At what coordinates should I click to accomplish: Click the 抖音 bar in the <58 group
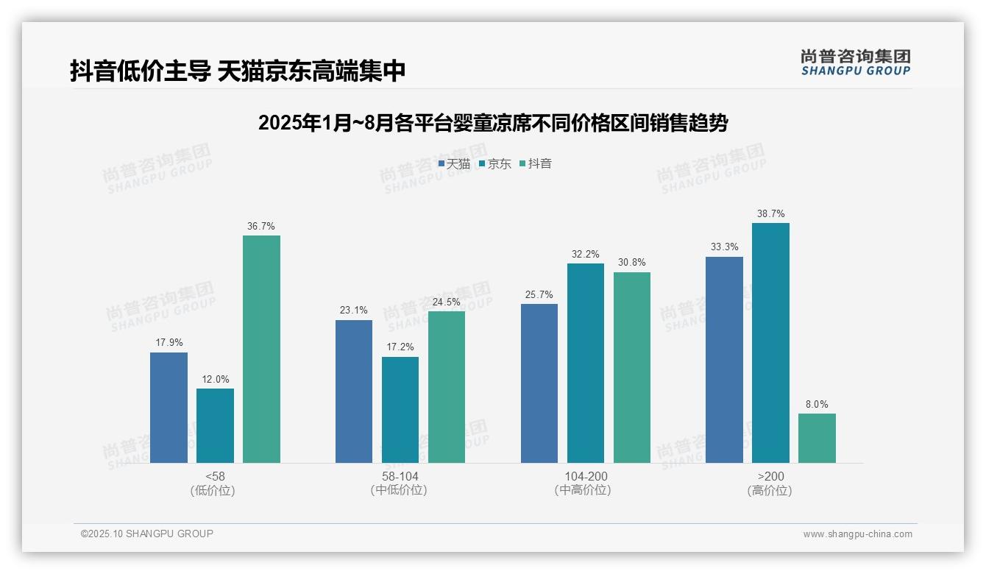point(261,349)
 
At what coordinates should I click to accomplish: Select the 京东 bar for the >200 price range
point(770,343)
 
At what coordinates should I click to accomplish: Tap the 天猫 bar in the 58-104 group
point(354,391)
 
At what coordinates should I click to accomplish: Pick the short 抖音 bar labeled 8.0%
point(817,438)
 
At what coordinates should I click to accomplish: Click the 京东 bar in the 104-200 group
point(586,363)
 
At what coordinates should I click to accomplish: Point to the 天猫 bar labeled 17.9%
point(169,408)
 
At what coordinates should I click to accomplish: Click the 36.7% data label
point(261,226)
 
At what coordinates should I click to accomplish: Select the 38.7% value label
point(770,213)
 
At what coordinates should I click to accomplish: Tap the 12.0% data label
point(215,379)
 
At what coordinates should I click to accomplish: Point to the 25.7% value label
point(539,294)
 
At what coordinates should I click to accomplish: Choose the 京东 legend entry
point(494,164)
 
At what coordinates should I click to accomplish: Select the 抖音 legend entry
point(536,164)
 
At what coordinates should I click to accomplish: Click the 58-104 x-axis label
point(400,476)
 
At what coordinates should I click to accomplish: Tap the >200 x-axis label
point(770,476)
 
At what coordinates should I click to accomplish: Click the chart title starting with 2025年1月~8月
point(492,123)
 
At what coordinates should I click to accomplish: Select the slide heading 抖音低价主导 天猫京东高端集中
point(238,71)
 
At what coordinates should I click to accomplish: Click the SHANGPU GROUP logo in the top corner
point(855,63)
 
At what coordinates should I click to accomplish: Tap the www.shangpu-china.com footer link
point(857,534)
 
